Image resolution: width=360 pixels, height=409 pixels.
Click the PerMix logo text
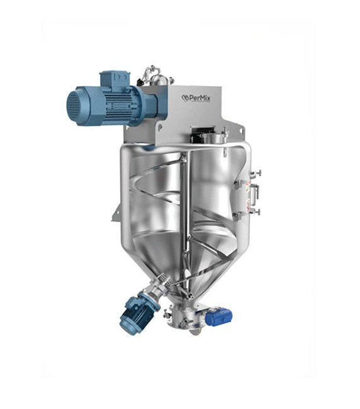[x=196, y=98]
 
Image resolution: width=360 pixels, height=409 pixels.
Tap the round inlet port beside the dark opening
[x=217, y=137]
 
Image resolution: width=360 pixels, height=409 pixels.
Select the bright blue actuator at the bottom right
[x=217, y=316]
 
